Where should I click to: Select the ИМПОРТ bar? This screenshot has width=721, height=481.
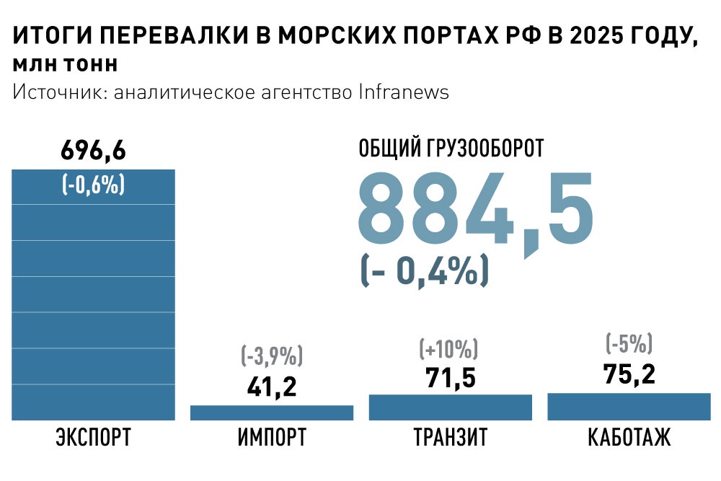pos(272,412)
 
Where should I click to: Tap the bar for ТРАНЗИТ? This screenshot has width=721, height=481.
pos(450,407)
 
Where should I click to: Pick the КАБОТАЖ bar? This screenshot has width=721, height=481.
pos(629,407)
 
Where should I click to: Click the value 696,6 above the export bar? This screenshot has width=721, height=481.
pos(93,151)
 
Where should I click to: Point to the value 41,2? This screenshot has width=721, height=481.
pos(272,387)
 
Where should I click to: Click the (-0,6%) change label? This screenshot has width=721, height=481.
pos(93,185)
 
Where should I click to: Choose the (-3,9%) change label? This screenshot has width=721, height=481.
pos(272,356)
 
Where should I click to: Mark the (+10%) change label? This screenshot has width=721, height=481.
pos(448,349)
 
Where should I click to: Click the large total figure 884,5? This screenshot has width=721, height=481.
pos(476,209)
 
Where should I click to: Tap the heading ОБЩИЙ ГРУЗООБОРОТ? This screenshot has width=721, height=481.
pos(451,149)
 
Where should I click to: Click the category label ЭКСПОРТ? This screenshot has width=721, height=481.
pos(94,437)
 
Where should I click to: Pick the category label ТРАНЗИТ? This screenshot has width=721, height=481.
pos(450,437)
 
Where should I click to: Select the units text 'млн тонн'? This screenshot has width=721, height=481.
pos(65,65)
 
